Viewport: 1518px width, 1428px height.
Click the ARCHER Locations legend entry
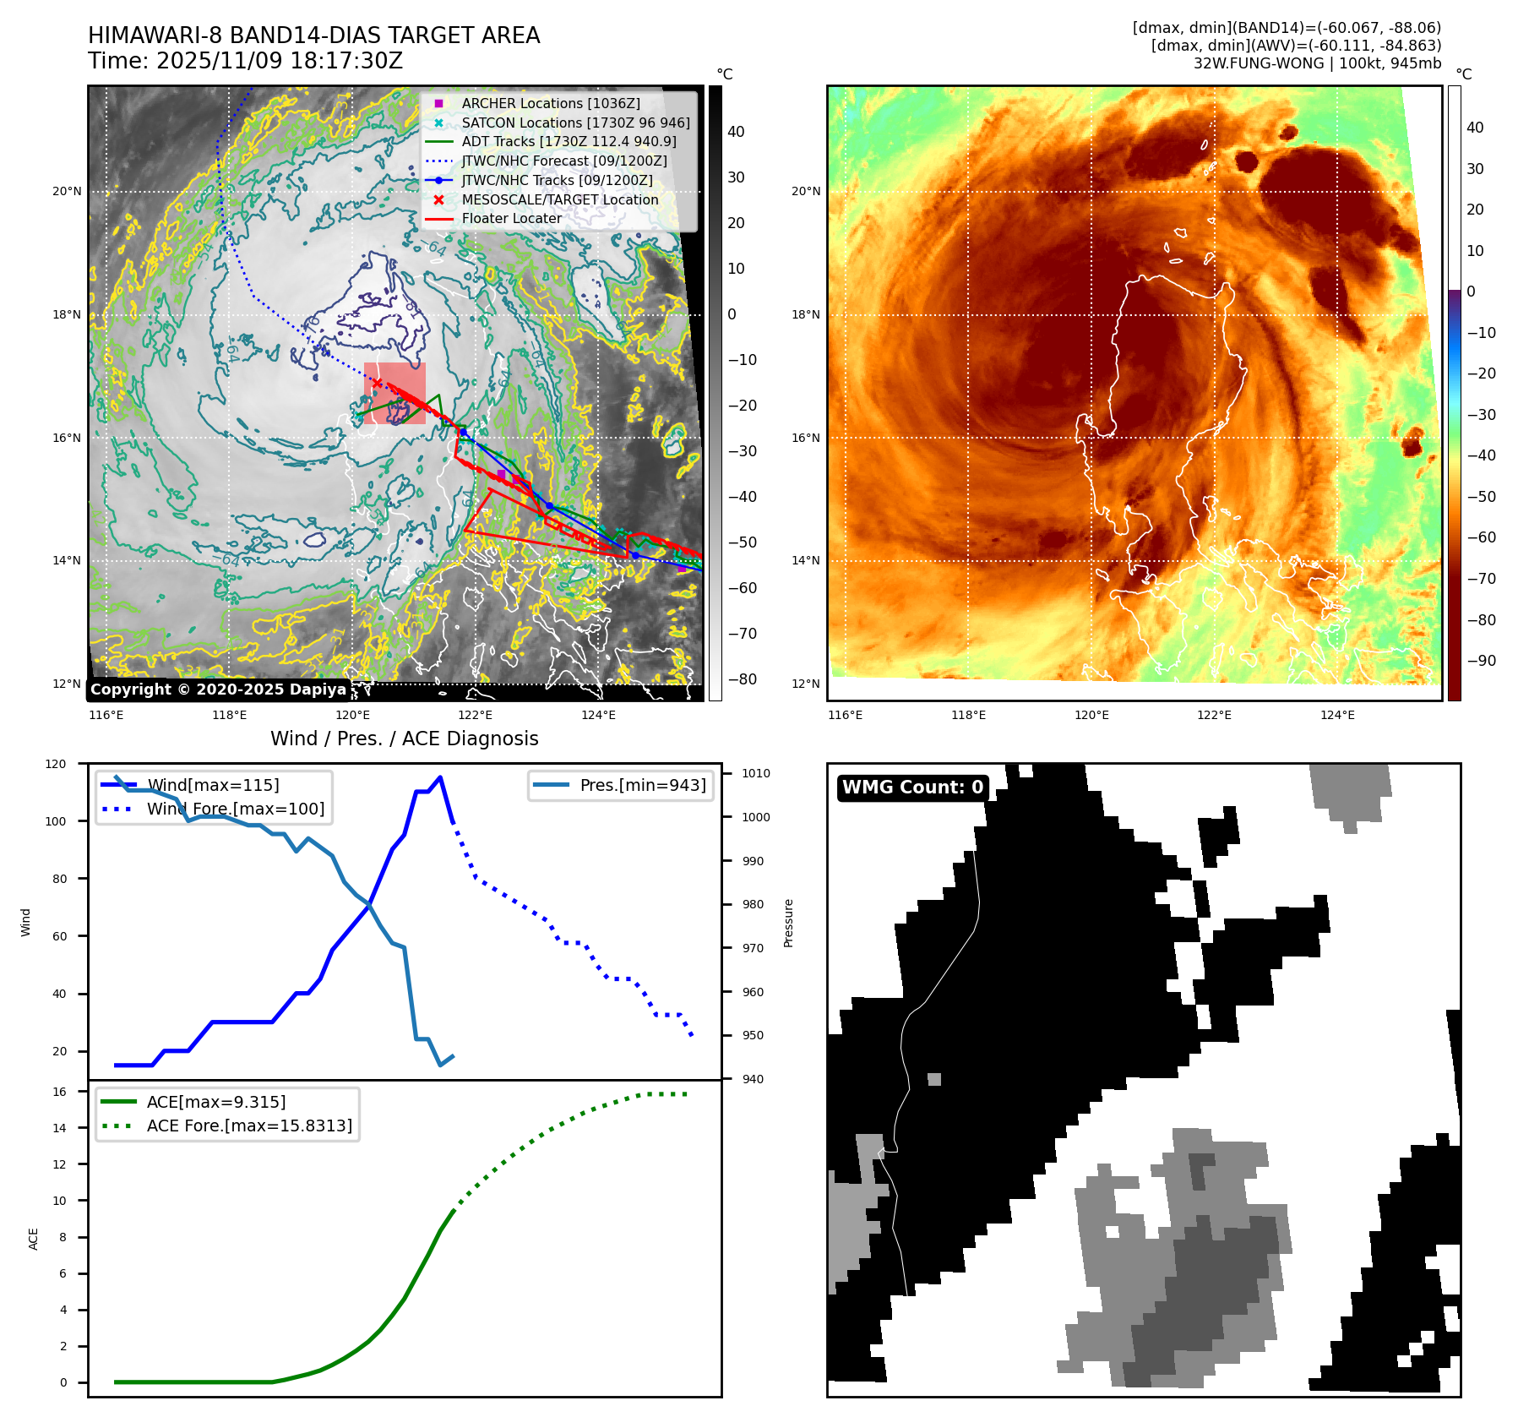tap(550, 103)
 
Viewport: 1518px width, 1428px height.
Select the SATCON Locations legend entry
tap(575, 123)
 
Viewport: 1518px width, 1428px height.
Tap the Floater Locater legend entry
tap(511, 218)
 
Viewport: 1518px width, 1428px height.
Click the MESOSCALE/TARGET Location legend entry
tap(559, 199)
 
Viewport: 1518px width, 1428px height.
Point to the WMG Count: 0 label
tap(912, 788)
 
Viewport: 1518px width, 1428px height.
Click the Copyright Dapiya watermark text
tap(218, 689)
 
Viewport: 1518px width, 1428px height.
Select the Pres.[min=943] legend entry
tap(642, 785)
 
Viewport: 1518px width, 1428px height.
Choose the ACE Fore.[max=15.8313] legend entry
tap(249, 1126)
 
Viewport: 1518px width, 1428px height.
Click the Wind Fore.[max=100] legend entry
tap(236, 809)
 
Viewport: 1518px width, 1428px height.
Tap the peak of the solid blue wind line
tap(440, 777)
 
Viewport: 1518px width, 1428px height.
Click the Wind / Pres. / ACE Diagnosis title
tap(404, 739)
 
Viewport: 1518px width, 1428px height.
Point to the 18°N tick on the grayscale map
tap(67, 315)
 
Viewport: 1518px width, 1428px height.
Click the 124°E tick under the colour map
tap(1337, 715)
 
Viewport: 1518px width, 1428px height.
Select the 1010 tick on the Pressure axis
tap(756, 773)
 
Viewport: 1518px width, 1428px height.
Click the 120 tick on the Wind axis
tap(56, 764)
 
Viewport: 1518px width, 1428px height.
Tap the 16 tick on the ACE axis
tap(59, 1092)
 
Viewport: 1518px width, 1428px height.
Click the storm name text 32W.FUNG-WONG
tap(1258, 63)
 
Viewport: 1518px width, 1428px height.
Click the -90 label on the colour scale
tap(1481, 661)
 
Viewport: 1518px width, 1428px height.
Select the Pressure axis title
tap(788, 923)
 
